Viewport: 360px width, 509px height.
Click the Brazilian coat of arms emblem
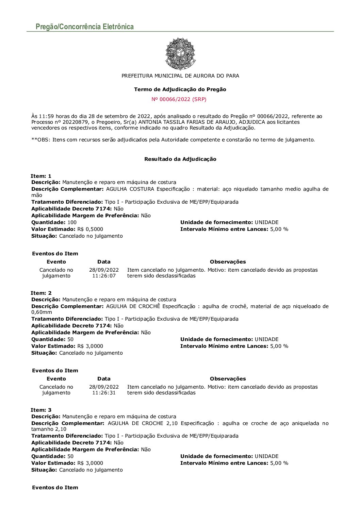[x=180, y=54]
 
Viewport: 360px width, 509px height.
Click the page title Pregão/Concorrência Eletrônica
[x=85, y=27]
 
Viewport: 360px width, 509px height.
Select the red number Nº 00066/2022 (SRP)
[x=179, y=99]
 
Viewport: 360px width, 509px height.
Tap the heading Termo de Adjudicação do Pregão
[x=180, y=89]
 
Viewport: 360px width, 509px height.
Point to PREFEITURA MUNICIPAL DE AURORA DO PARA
[x=180, y=76]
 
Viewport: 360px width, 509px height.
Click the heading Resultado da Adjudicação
[x=180, y=159]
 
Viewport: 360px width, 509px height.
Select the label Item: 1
[x=41, y=176]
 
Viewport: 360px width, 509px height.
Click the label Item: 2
[x=41, y=293]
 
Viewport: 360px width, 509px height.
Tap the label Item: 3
[x=41, y=410]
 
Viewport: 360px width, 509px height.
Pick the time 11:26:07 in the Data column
[x=104, y=276]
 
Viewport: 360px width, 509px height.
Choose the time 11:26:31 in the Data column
[x=104, y=393]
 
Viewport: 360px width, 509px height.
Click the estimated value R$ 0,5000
[x=90, y=229]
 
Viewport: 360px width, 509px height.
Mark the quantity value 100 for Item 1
[x=72, y=222]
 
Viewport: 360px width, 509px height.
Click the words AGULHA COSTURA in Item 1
[x=130, y=189]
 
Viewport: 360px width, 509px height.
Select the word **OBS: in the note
[x=40, y=140]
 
